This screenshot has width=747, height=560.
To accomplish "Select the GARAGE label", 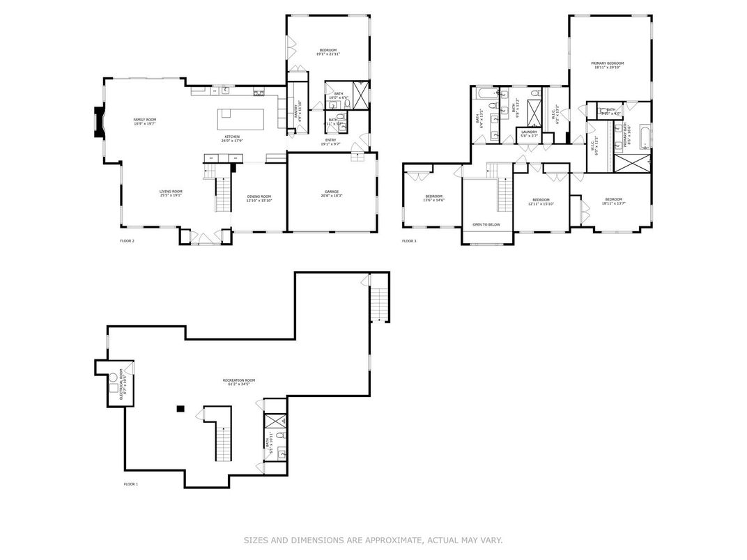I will tap(332, 193).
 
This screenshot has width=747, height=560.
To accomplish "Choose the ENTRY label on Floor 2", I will tap(330, 141).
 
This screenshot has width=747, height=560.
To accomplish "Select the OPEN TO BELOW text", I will tap(486, 224).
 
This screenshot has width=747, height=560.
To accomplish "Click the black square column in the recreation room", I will tap(180, 409).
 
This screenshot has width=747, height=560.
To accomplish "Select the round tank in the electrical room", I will tap(112, 378).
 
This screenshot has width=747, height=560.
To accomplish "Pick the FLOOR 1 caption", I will tap(131, 484).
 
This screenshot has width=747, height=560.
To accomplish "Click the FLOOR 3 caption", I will tap(409, 241).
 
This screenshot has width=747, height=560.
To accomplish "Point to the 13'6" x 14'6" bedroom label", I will tap(434, 199).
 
